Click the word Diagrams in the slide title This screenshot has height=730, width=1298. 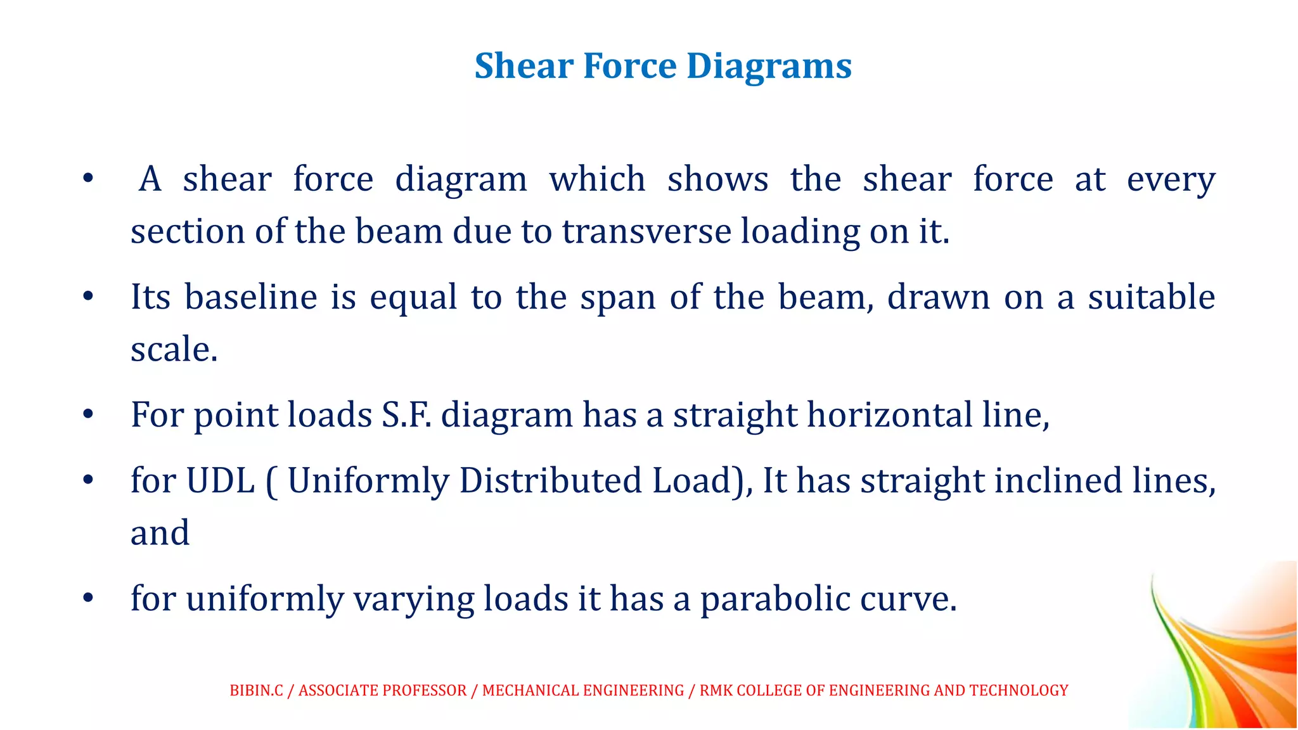coord(769,67)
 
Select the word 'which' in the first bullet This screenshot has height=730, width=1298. coord(597,179)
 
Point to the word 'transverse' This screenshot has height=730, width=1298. coord(646,231)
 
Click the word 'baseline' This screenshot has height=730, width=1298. coord(251,297)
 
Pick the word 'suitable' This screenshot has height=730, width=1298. coord(1152,297)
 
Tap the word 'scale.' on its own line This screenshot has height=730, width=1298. coord(174,349)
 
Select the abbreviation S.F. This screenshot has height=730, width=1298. coord(406,415)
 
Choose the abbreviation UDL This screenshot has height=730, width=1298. coord(221,480)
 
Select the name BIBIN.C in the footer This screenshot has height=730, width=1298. coord(256,690)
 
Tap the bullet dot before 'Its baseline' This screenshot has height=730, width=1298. coord(88,296)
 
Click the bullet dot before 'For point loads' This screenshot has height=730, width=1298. coord(88,414)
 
